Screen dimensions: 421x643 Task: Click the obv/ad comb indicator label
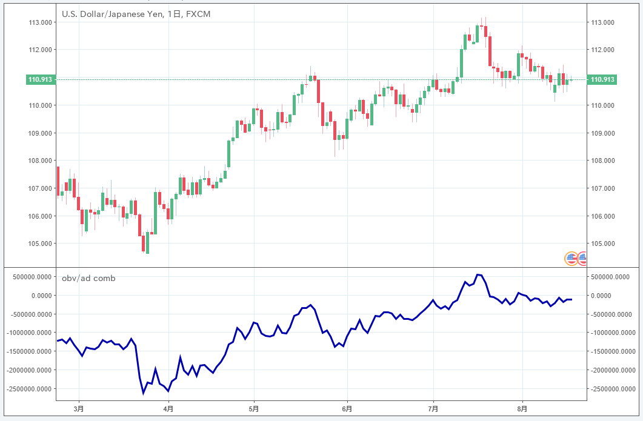click(88, 278)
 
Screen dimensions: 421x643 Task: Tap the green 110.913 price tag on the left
click(41, 79)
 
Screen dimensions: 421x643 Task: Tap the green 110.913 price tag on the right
click(602, 79)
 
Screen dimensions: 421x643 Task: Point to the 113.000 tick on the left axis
click(40, 22)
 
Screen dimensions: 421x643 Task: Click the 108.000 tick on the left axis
click(40, 161)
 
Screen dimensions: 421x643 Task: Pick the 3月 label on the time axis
click(79, 408)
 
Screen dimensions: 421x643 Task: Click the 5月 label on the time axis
click(254, 408)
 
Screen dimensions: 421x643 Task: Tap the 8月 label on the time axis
click(523, 408)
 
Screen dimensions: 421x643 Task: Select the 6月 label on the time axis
click(347, 408)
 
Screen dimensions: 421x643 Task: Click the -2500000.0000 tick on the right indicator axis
click(613, 388)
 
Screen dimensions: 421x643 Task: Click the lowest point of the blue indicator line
click(144, 393)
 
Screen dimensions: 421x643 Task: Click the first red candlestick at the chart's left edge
click(58, 181)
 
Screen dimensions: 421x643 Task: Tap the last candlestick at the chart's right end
click(571, 81)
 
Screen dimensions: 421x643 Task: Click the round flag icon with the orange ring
click(571, 259)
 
